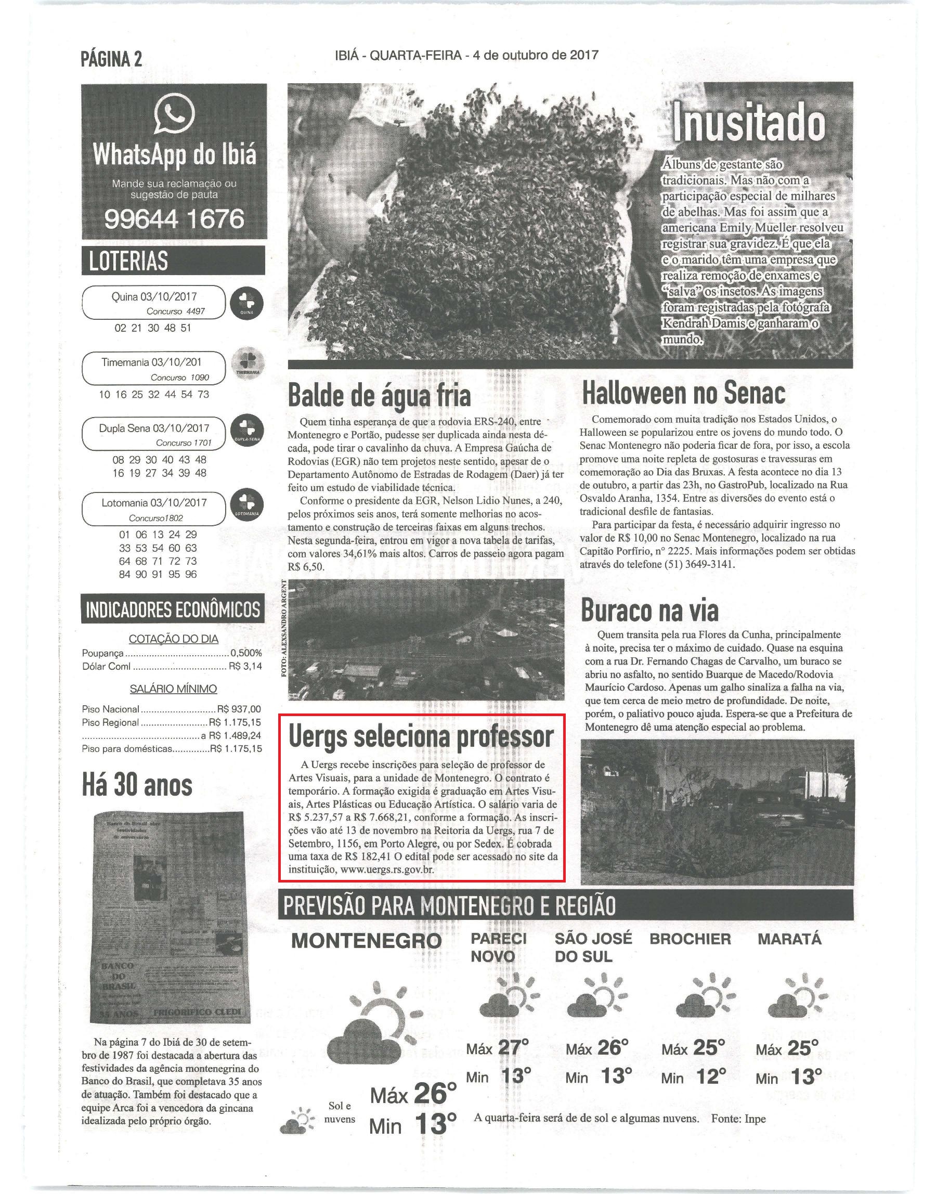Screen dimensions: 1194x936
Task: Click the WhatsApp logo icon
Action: tap(174, 114)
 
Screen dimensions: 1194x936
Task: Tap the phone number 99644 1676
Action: tap(174, 219)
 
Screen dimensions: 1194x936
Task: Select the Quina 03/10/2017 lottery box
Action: tap(153, 303)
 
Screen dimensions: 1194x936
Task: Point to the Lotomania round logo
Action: tap(246, 507)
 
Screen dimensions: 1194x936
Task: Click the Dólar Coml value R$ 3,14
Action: tap(245, 667)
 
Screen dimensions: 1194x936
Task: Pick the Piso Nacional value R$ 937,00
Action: tap(240, 708)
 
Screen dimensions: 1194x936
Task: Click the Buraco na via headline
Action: tap(649, 610)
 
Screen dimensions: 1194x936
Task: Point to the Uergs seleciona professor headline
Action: tap(421, 737)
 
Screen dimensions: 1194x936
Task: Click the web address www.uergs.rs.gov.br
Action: tap(388, 869)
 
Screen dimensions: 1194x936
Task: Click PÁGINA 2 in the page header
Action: tap(111, 59)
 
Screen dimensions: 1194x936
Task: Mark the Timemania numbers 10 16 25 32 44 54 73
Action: tap(153, 394)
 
